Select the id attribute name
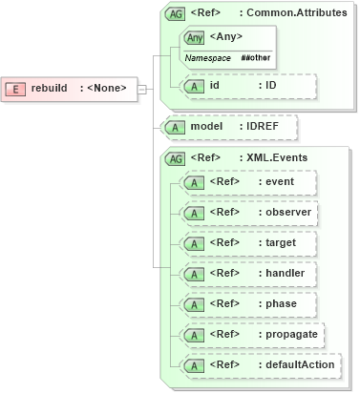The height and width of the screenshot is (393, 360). coord(216,85)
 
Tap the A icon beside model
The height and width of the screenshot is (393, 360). coord(175,126)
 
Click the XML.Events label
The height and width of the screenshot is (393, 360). coord(276,156)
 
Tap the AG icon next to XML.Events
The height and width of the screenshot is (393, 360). coord(176,156)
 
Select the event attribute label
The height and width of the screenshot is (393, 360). coord(281,181)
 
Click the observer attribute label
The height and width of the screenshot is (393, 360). coord(287,212)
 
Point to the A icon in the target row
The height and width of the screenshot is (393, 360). coord(194,242)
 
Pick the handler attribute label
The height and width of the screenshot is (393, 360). coord(285,273)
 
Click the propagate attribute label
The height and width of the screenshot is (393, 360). coord(290,334)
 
